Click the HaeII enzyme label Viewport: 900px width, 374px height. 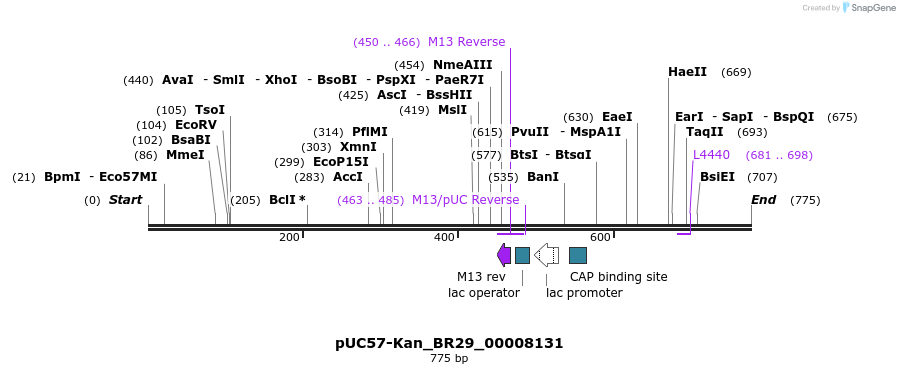pyautogui.click(x=687, y=72)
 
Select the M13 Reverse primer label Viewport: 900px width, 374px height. pyautogui.click(x=466, y=42)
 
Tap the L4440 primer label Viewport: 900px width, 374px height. pyautogui.click(x=711, y=155)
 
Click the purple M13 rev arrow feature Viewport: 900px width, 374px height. pyautogui.click(x=504, y=255)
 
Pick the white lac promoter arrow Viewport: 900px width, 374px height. pyautogui.click(x=546, y=255)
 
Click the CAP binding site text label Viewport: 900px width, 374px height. pyautogui.click(x=618, y=277)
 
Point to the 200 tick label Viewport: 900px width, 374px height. pyautogui.click(x=289, y=237)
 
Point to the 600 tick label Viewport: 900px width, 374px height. pyautogui.click(x=600, y=237)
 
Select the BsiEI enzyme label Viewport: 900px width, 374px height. pyautogui.click(x=717, y=177)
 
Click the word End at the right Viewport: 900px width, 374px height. pyautogui.click(x=763, y=200)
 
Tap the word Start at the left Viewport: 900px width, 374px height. pyautogui.click(x=125, y=200)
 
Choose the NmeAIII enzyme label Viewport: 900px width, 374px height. pyautogui.click(x=462, y=65)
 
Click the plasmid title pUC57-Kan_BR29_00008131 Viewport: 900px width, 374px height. pyautogui.click(x=449, y=343)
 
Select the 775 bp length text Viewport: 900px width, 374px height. pyautogui.click(x=449, y=358)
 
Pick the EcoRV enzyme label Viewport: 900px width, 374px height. pyautogui.click(x=196, y=125)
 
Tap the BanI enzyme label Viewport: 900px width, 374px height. pyautogui.click(x=542, y=177)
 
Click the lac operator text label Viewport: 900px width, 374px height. pyautogui.click(x=484, y=293)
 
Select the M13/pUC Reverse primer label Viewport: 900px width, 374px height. pyautogui.click(x=465, y=200)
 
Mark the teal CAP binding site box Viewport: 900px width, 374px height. pyautogui.click(x=577, y=255)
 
